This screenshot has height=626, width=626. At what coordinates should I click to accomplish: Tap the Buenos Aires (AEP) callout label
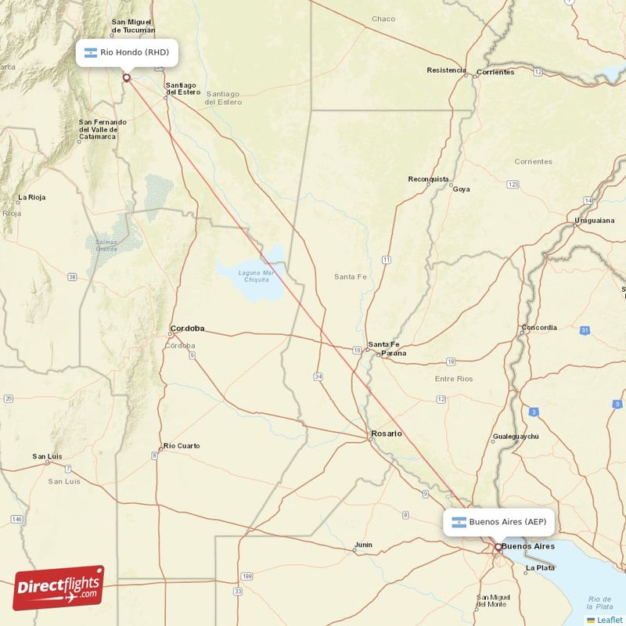pyautogui.click(x=499, y=522)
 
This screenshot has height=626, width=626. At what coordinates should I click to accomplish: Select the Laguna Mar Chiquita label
pyautogui.click(x=256, y=276)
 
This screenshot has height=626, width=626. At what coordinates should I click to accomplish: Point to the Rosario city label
pyautogui.click(x=387, y=434)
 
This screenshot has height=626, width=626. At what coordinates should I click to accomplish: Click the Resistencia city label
pyautogui.click(x=446, y=70)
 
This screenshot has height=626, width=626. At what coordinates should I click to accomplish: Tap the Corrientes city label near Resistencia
pyautogui.click(x=495, y=72)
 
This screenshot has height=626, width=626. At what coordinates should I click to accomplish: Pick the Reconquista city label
pyautogui.click(x=429, y=179)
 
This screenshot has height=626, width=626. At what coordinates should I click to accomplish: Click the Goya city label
pyautogui.click(x=462, y=189)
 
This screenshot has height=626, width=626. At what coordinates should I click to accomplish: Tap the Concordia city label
pyautogui.click(x=539, y=328)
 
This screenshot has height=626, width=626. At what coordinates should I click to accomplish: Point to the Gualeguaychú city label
pyautogui.click(x=516, y=436)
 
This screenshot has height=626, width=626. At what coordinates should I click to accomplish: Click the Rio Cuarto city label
pyautogui.click(x=181, y=446)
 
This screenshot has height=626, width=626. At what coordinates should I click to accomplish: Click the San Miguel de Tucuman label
pyautogui.click(x=131, y=26)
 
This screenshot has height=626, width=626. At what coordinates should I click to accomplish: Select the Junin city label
pyautogui.click(x=363, y=545)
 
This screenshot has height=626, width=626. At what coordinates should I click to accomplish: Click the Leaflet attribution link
pyautogui.click(x=606, y=620)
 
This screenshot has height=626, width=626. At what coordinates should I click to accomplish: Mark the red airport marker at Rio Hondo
pyautogui.click(x=126, y=77)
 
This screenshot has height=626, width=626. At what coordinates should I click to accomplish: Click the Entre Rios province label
pyautogui.click(x=454, y=379)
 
